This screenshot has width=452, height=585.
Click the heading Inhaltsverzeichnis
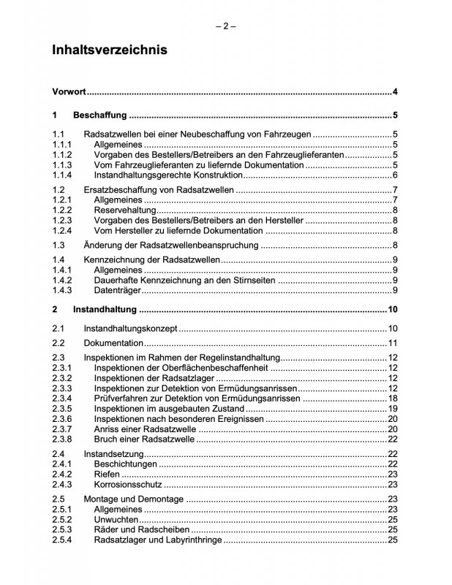(110, 50)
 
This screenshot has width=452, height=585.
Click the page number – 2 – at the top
(226, 26)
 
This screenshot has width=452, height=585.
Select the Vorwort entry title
(69, 92)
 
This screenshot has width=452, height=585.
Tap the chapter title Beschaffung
(100, 115)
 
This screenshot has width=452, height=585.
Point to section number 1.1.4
(62, 175)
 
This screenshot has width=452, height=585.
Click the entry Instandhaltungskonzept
(131, 328)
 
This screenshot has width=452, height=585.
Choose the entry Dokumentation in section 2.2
(113, 343)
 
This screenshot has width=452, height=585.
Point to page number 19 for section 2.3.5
(392, 408)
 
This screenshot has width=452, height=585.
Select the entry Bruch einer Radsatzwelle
(145, 439)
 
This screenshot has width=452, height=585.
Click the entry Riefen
(107, 474)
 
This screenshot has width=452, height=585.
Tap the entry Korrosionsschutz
(128, 484)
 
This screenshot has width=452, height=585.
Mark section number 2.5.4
(62, 540)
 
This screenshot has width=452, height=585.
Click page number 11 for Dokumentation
(392, 343)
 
